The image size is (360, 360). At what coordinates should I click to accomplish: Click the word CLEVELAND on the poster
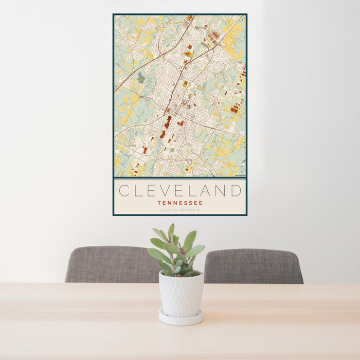[180, 191]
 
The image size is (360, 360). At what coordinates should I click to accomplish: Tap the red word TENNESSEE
[180, 203]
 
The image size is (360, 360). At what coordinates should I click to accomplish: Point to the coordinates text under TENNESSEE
[180, 210]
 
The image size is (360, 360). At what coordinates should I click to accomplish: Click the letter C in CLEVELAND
[124, 191]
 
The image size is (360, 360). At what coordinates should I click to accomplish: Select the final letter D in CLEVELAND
[236, 191]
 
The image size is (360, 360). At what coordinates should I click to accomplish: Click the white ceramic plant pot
[181, 293]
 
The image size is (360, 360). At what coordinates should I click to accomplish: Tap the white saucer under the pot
[181, 319]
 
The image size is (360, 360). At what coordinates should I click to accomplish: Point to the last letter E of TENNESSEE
[201, 203]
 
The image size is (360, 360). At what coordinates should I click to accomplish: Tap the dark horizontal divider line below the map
[180, 178]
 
